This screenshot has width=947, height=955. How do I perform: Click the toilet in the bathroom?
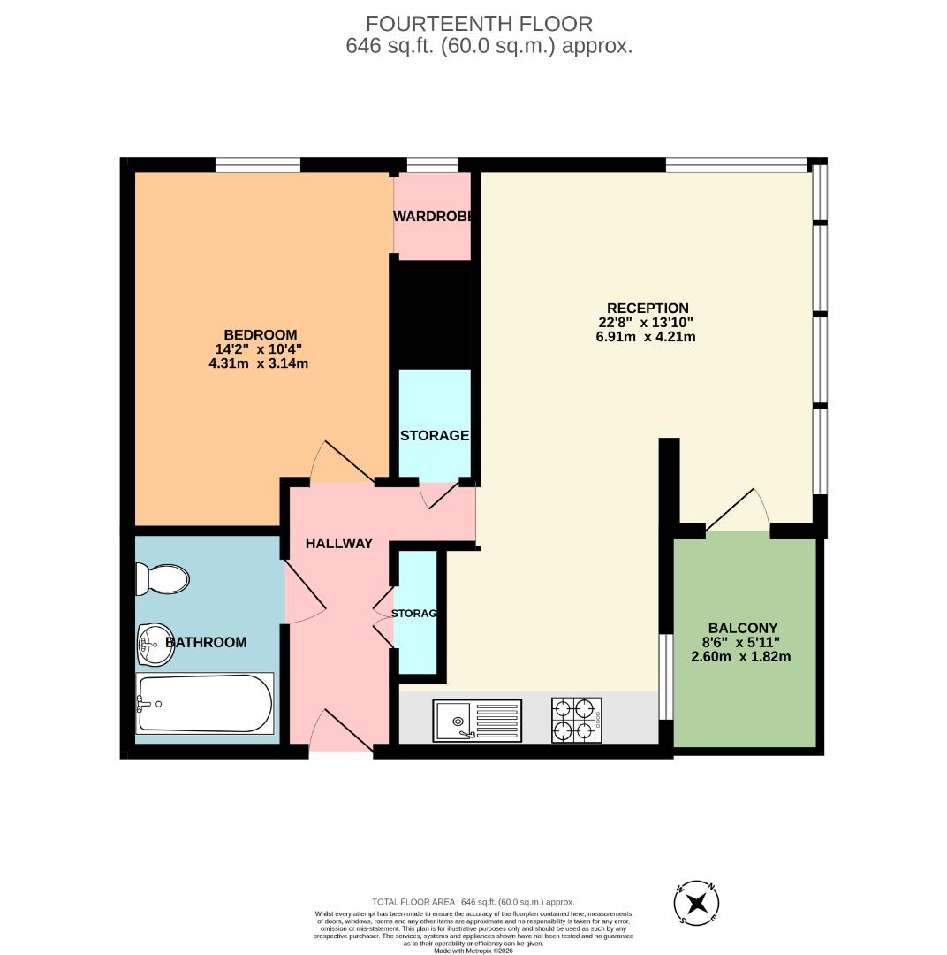click(x=163, y=579)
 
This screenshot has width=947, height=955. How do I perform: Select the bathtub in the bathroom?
click(x=204, y=703)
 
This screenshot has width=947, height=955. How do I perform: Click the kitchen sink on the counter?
click(x=477, y=719)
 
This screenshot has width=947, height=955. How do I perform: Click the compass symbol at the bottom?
click(x=697, y=903)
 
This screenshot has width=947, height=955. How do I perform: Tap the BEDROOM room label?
click(x=260, y=334)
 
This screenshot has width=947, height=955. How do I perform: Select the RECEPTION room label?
click(x=648, y=308)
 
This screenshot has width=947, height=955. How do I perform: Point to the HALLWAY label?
click(x=339, y=544)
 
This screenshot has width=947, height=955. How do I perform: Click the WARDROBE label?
click(x=432, y=216)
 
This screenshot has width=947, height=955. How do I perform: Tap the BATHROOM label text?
click(x=207, y=642)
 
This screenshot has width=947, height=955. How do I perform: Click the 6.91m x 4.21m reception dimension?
click(x=646, y=336)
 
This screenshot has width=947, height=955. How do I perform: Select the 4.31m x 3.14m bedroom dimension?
click(x=258, y=363)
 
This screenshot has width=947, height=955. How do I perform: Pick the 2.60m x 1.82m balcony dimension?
click(x=740, y=656)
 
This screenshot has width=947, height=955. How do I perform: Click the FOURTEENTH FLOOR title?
click(x=479, y=24)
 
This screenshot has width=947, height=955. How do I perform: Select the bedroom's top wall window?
click(x=258, y=164)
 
